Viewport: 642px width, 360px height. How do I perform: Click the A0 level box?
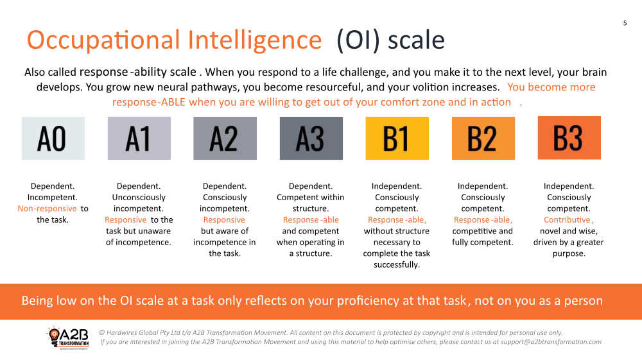tap(53, 138)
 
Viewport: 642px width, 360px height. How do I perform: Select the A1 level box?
tap(139, 138)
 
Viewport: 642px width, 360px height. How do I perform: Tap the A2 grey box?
tap(225, 138)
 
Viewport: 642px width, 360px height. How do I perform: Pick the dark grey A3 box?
tap(311, 138)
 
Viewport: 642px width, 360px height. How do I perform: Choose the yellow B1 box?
tap(397, 138)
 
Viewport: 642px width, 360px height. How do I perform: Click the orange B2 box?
tap(483, 138)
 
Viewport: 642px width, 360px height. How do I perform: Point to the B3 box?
tap(569, 138)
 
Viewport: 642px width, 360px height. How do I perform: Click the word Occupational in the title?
tap(103, 40)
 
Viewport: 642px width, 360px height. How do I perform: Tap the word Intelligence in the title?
tap(255, 40)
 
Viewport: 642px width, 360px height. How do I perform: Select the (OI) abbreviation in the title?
tap(358, 40)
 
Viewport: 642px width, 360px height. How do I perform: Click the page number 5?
tap(625, 23)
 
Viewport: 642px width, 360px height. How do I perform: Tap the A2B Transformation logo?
tap(68, 337)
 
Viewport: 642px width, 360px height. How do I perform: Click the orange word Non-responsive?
tap(47, 209)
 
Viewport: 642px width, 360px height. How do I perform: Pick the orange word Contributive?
tap(568, 219)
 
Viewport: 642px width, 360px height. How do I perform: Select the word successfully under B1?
tap(397, 264)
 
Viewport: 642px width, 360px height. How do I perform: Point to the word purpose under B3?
tap(569, 253)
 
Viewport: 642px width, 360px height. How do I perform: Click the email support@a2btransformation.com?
tap(551, 342)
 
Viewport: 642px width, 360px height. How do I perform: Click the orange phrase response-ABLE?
tap(149, 102)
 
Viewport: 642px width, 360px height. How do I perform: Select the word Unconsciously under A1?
tap(139, 197)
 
